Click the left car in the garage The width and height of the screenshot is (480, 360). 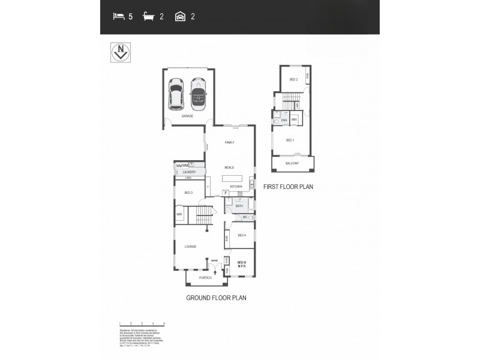point(176,94)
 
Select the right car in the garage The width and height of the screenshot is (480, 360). point(198,94)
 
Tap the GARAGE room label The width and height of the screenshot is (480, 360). point(187,116)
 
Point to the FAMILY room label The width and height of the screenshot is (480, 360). point(229,142)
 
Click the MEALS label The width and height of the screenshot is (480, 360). point(229,167)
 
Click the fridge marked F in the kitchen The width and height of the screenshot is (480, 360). point(226,193)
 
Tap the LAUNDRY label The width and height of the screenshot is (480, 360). point(189,172)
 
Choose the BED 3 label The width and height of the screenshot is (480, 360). point(188,193)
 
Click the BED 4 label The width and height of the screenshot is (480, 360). point(242,235)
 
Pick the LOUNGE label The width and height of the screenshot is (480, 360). point(190,246)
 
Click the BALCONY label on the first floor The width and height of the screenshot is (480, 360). point(293,163)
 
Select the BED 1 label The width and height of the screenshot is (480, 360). point(290,140)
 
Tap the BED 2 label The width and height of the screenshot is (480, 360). point(293,79)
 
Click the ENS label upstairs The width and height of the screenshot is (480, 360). point(284,120)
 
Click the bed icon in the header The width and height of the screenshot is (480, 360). point(119,17)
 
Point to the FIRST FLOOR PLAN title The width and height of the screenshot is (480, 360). point(288,187)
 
